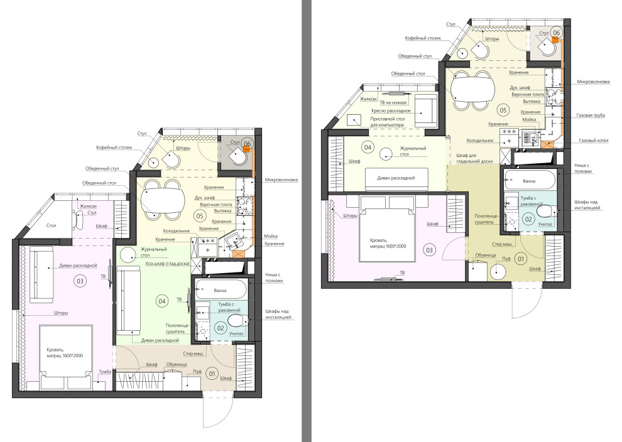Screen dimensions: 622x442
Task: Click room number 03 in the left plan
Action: [x=80, y=281]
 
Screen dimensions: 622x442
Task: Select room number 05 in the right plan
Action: [x=503, y=110]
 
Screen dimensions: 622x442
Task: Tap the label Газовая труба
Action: [x=591, y=116]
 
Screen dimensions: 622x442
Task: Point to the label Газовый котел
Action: [x=594, y=141]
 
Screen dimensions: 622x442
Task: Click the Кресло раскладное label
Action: [x=391, y=111]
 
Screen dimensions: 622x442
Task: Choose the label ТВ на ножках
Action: [x=393, y=103]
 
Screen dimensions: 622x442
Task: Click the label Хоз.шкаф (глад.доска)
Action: [x=167, y=264]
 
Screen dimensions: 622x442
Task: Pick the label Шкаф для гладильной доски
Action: [x=474, y=158]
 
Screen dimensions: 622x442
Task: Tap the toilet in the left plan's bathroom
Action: [x=236, y=320]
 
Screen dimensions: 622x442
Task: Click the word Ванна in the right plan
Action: [x=529, y=181]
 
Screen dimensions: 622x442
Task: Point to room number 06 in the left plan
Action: [x=248, y=144]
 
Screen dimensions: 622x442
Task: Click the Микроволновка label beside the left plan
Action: [x=281, y=180]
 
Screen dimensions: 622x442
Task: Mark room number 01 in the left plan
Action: [x=212, y=374]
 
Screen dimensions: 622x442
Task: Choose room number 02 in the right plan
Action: [x=528, y=219]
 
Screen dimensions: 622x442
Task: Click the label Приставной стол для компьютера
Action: [x=387, y=122]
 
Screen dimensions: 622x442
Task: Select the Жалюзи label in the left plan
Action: [x=88, y=206]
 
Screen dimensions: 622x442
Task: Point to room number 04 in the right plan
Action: [x=368, y=148]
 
